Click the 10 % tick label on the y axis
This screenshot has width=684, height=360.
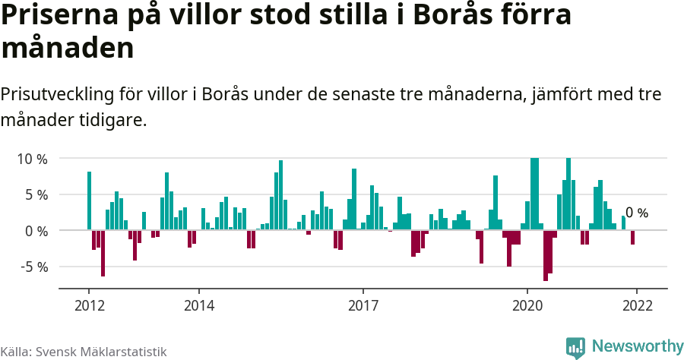coord(31,159)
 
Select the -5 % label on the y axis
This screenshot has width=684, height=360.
coord(32,267)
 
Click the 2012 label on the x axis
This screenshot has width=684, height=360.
coord(89,305)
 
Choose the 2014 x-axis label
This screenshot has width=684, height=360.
coord(198,305)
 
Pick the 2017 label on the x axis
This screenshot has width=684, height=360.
coord(363,305)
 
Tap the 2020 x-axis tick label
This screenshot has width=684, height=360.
coord(527,305)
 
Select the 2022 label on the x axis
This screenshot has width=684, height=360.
coord(637,305)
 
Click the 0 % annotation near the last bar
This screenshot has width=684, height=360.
coord(637,213)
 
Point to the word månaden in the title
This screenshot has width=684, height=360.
coord(68,49)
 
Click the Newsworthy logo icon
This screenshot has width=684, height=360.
coord(575,347)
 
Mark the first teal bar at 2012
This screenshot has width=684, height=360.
coord(89,201)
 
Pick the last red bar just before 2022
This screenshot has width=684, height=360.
coord(632,237)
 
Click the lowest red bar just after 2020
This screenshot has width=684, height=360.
coord(546,255)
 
